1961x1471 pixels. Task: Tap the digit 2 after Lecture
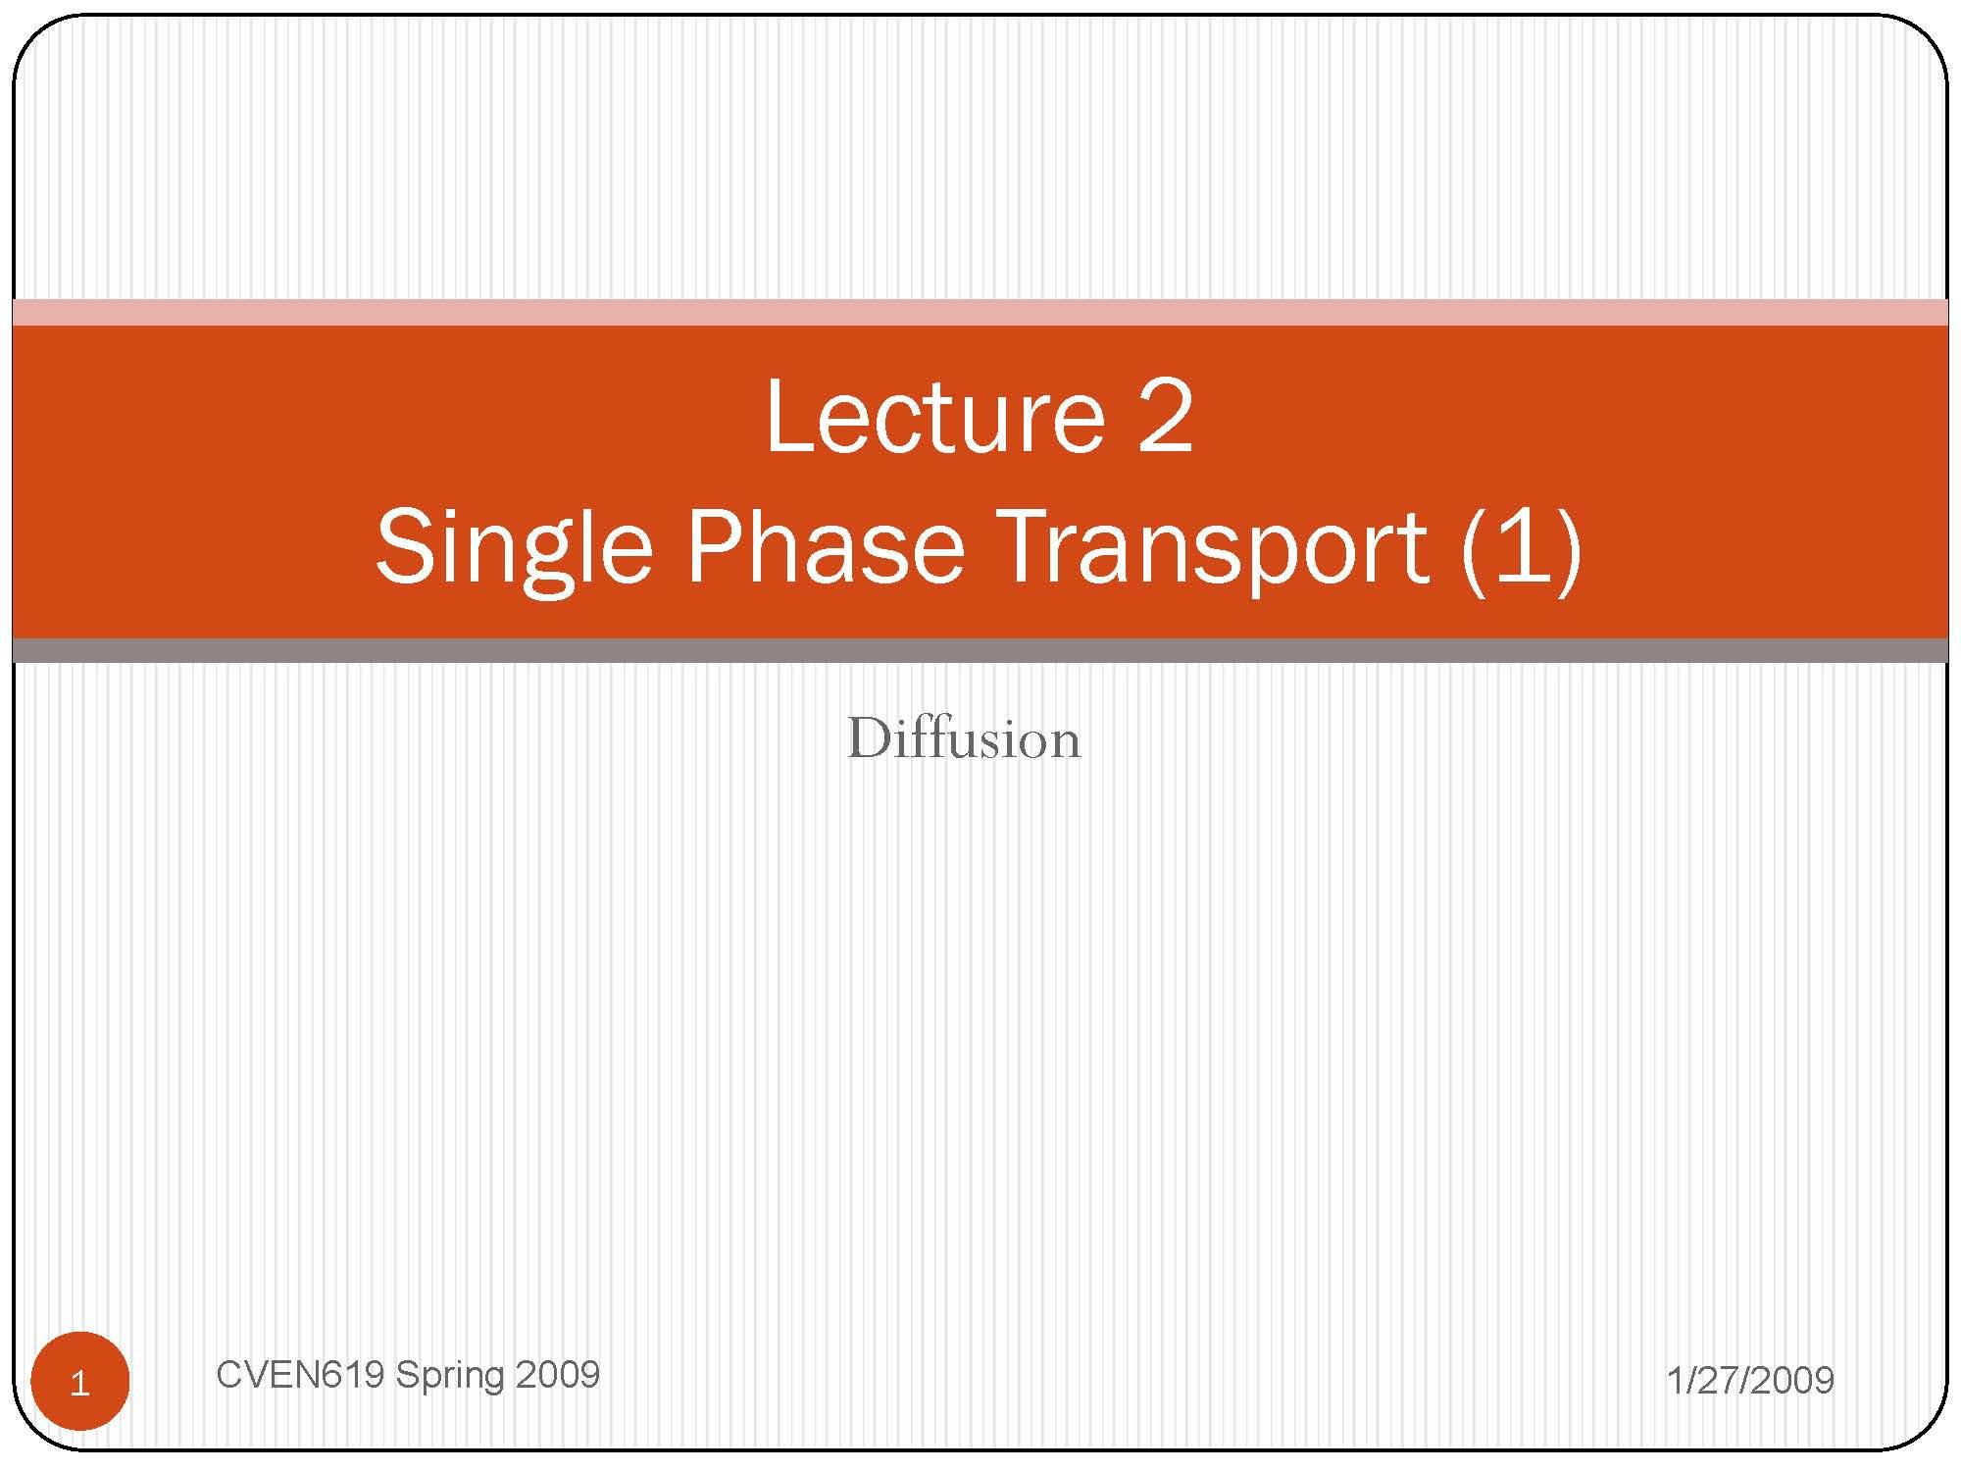[1165, 417]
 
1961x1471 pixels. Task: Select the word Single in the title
[514, 547]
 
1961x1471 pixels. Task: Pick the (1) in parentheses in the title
[1521, 547]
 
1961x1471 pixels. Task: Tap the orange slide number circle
[80, 1382]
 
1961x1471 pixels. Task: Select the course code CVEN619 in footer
[299, 1375]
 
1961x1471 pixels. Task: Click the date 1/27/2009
[1750, 1381]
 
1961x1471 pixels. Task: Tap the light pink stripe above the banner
[980, 313]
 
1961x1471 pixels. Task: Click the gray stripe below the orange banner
[980, 650]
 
